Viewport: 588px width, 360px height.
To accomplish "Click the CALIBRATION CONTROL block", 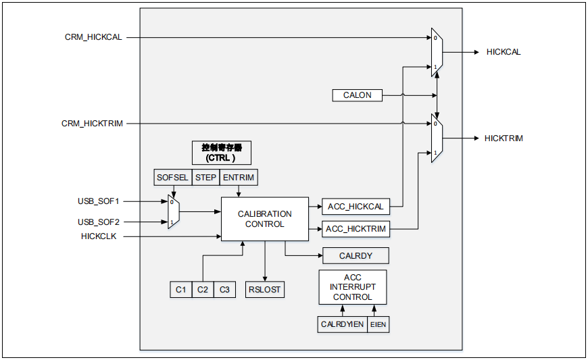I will pyautogui.click(x=265, y=219).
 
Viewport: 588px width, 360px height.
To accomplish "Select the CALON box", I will pyautogui.click(x=357, y=95).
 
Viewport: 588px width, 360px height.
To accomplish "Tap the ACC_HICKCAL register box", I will pyautogui.click(x=356, y=207).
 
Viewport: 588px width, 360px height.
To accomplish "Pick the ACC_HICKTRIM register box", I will pyautogui.click(x=356, y=229).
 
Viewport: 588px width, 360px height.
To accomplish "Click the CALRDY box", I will pyautogui.click(x=356, y=255).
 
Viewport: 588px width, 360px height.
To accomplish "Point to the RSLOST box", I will pyautogui.click(x=265, y=290).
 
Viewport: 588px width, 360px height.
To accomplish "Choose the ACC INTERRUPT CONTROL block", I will pyautogui.click(x=352, y=287).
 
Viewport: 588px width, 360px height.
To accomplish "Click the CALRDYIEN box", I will pyautogui.click(x=343, y=324).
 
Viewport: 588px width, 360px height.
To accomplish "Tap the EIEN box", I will pyautogui.click(x=378, y=324).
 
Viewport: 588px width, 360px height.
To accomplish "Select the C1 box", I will pyautogui.click(x=180, y=290).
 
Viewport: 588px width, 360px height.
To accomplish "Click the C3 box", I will pyautogui.click(x=224, y=290).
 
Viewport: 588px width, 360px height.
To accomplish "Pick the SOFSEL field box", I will pyautogui.click(x=173, y=178).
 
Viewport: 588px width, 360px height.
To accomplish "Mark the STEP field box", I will pyautogui.click(x=205, y=178).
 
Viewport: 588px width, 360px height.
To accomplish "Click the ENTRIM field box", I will pyautogui.click(x=239, y=178).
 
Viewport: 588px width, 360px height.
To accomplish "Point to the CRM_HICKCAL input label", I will pyautogui.click(x=93, y=37).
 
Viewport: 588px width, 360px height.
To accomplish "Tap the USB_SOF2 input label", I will pyautogui.click(x=98, y=222).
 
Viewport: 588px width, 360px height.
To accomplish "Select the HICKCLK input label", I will pyautogui.click(x=99, y=236).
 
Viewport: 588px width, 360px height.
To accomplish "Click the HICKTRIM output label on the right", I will pyautogui.click(x=504, y=138).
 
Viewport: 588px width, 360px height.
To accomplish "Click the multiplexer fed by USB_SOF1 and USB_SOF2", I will pyautogui.click(x=173, y=212).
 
